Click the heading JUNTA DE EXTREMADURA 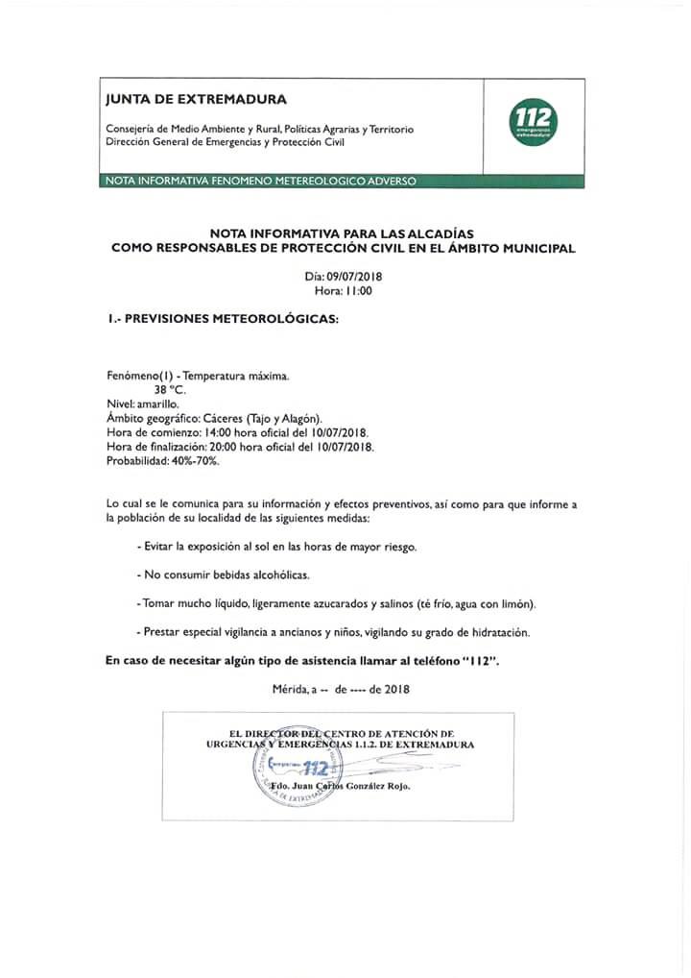tap(196, 99)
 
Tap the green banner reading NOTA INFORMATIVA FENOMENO tap(260, 181)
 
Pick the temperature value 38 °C tap(170, 391)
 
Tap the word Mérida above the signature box tap(291, 689)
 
